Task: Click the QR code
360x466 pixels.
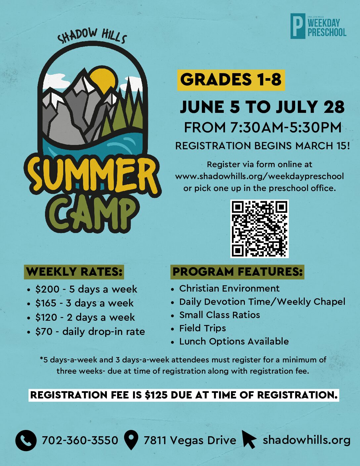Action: (259, 229)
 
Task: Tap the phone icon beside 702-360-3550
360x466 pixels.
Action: (26, 441)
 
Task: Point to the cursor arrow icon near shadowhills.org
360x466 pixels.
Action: (249, 439)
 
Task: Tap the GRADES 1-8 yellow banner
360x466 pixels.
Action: (231, 80)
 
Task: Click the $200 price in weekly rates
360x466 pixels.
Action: (47, 289)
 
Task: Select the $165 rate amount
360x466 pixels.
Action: (46, 303)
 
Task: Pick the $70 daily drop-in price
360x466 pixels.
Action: (44, 332)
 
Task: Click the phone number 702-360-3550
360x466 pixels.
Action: (80, 440)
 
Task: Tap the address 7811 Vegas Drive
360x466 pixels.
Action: (190, 441)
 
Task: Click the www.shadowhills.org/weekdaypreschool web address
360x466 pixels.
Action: (259, 176)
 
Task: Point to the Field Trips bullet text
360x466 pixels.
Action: (202, 328)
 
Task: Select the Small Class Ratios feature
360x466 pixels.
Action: (220, 315)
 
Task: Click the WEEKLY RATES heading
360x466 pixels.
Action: (74, 272)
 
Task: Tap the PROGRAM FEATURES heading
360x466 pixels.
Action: (237, 272)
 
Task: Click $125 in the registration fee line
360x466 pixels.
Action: (156, 395)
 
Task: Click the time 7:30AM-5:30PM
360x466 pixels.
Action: (286, 128)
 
